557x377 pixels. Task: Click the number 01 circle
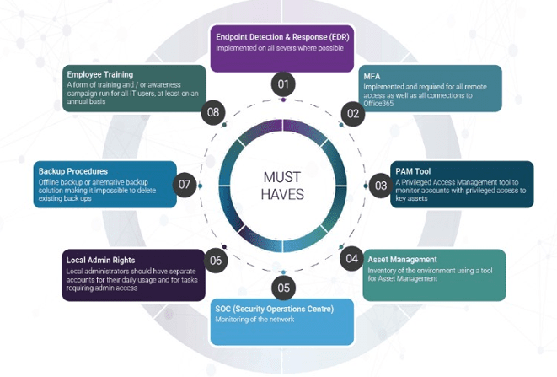(283, 84)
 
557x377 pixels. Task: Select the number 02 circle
(351, 112)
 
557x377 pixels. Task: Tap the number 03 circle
(381, 185)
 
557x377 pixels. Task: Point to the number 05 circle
(283, 288)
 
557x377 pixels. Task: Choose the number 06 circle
(217, 260)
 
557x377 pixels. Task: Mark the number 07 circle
(186, 184)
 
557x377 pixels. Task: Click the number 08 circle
(213, 112)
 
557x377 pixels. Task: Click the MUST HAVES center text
(283, 186)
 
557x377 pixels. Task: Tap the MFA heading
(372, 76)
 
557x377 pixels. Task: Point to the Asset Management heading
(402, 260)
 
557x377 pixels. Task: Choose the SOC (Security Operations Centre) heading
(274, 309)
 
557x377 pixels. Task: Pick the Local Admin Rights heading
(100, 261)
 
